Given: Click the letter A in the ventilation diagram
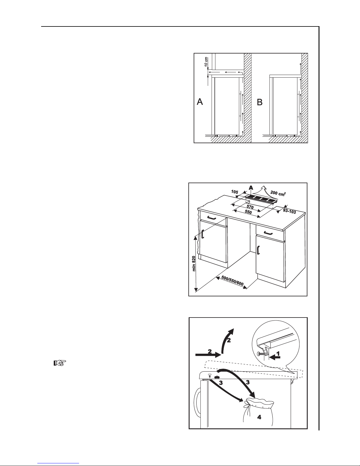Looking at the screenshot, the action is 200,102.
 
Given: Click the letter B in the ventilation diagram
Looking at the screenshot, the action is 259,102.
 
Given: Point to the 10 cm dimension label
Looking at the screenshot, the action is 206,61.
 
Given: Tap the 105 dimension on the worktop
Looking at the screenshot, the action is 235,192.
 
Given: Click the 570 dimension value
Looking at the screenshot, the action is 250,207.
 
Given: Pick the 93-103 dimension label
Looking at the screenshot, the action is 289,211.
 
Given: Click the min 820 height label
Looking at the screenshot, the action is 194,263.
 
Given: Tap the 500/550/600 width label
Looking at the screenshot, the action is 232,281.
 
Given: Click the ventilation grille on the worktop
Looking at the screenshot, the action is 260,199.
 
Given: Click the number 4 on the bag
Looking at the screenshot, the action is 259,417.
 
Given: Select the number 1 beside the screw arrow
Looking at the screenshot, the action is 278,353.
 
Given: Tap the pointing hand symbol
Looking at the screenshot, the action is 60,363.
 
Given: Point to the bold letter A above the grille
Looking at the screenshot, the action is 251,188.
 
